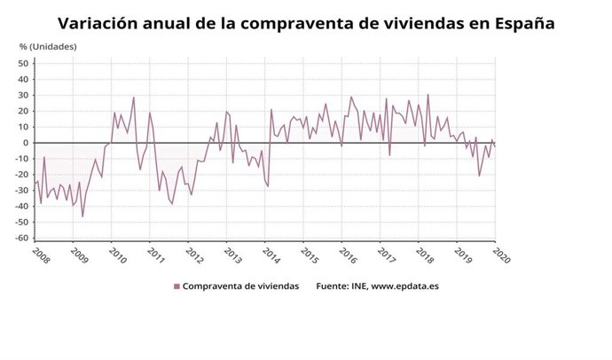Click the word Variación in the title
click(100, 23)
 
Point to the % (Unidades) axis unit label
click(49, 45)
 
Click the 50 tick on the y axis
click(24, 63)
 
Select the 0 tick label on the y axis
click(27, 143)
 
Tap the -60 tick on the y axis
click(22, 239)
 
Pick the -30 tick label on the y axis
click(22, 191)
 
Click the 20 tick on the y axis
click(24, 111)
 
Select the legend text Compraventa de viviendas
click(240, 286)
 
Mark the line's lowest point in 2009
click(83, 216)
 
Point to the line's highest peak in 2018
click(428, 95)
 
